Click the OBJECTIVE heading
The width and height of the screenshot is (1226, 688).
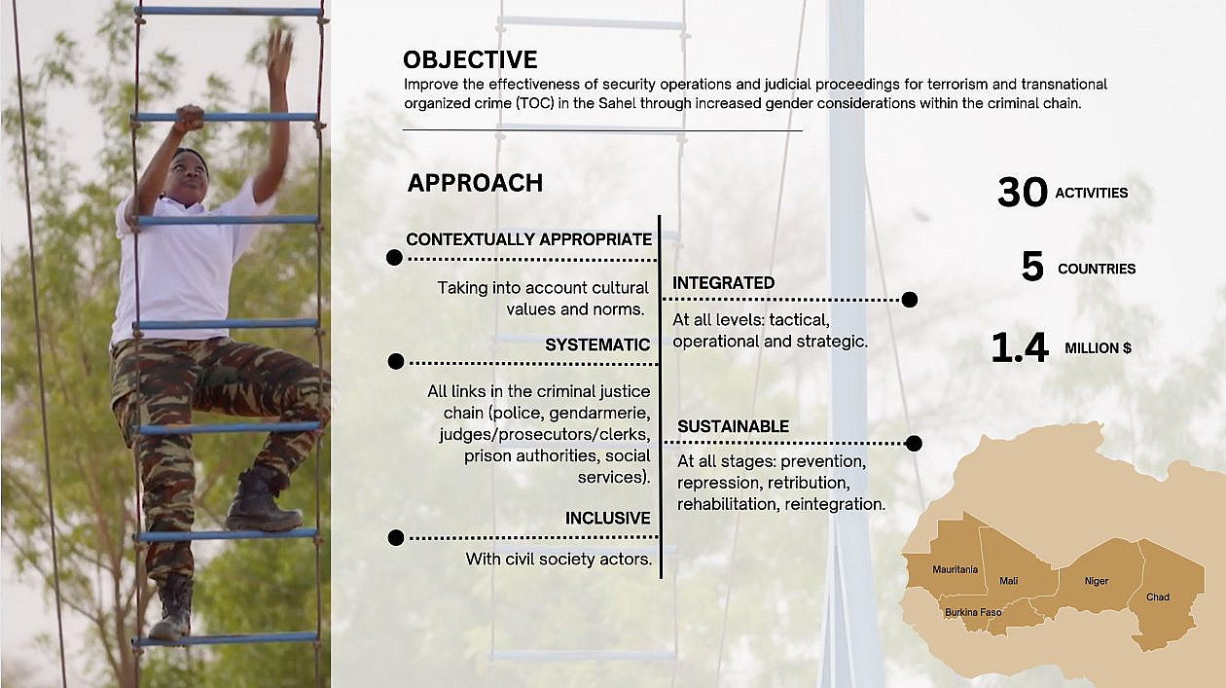tap(470, 59)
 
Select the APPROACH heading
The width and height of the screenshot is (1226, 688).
tap(475, 183)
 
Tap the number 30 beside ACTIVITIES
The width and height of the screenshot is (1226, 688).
tap(1022, 192)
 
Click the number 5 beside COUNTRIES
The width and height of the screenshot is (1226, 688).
tap(1032, 267)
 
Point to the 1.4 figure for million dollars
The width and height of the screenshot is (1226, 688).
tap(1020, 347)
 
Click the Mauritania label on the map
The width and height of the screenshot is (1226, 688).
tap(956, 569)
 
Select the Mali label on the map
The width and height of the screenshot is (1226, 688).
tap(1009, 581)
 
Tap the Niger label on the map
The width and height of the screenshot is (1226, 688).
tap(1097, 581)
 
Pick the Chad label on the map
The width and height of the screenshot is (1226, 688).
tap(1158, 597)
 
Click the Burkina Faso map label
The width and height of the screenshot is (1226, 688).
tap(973, 612)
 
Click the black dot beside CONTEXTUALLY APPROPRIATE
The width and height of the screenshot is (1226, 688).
tap(394, 258)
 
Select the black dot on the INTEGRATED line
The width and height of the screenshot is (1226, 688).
tap(910, 300)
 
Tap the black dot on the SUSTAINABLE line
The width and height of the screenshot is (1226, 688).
tap(914, 443)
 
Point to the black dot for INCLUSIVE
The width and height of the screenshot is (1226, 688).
tap(396, 537)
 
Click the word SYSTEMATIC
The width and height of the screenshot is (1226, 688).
tap(597, 344)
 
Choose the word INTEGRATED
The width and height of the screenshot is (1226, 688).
tap(724, 283)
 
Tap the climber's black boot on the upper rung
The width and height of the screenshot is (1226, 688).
tap(263, 500)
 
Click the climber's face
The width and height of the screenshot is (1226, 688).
tap(189, 176)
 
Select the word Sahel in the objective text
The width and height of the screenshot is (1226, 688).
tap(617, 103)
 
